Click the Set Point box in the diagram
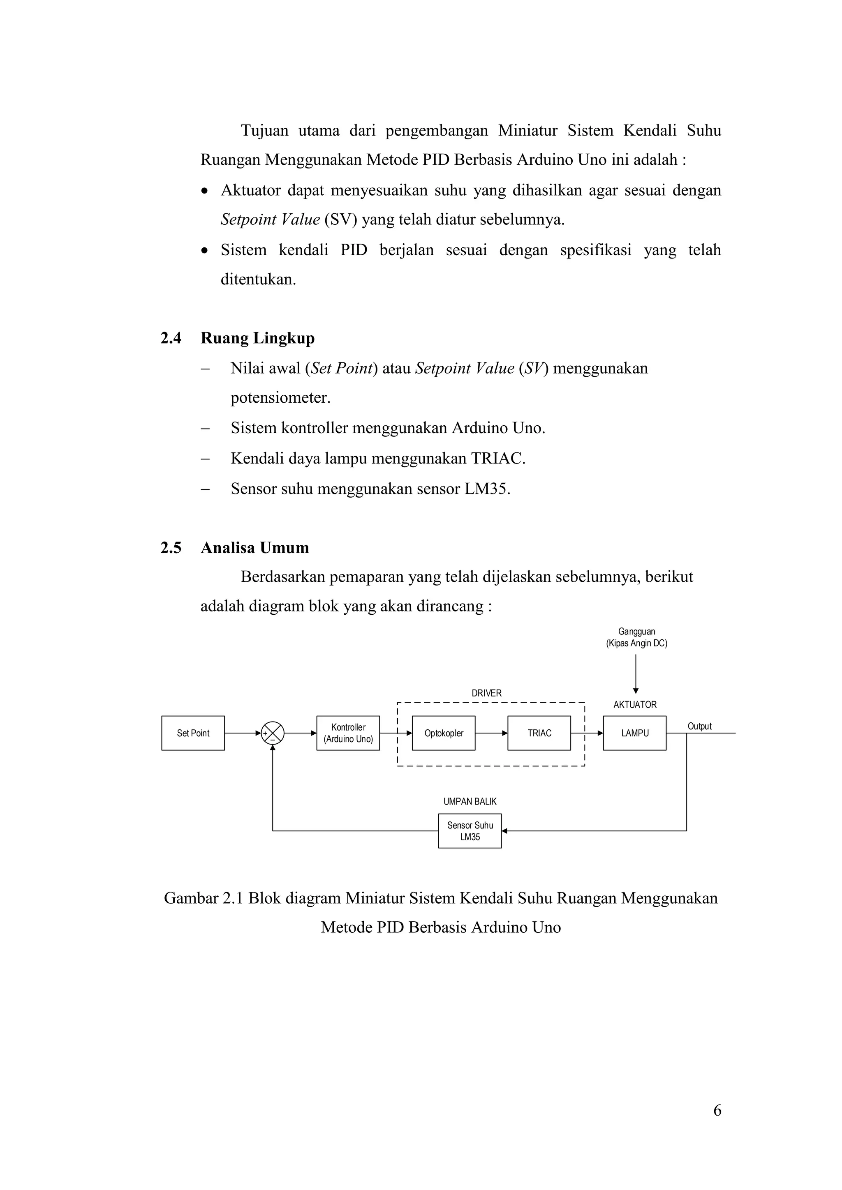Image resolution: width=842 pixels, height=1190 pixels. [193, 733]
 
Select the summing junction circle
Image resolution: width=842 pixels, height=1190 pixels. [273, 733]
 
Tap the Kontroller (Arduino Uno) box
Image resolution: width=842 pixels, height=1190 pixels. [348, 733]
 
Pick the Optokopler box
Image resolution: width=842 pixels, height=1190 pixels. [443, 733]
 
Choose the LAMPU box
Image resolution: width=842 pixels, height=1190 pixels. [635, 733]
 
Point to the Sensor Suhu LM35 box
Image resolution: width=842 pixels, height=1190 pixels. [470, 831]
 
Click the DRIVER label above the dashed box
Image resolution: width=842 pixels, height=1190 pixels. [486, 693]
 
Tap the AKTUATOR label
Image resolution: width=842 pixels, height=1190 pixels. [635, 704]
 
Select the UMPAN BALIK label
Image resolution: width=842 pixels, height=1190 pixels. [470, 801]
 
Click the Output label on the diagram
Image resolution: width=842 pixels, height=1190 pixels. [699, 726]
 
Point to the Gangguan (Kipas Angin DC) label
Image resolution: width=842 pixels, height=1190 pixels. [637, 637]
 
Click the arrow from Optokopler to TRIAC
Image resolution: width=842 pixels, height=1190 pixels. [491, 733]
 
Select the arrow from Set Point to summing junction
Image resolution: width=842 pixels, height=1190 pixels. [243, 733]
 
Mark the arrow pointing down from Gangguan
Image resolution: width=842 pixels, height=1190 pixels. [636, 674]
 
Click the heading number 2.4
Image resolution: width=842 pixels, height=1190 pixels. [171, 338]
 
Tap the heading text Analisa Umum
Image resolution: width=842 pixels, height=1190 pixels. [254, 547]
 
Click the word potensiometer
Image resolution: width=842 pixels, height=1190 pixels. [280, 398]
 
